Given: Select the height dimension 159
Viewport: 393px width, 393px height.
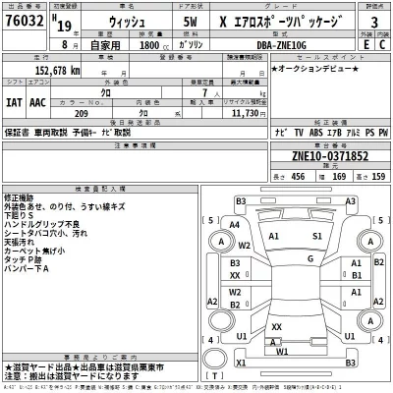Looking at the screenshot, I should point(376,176).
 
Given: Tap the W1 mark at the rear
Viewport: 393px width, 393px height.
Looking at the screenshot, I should point(282,352).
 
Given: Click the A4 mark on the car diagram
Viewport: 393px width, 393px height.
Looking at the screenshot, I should point(233,225).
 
